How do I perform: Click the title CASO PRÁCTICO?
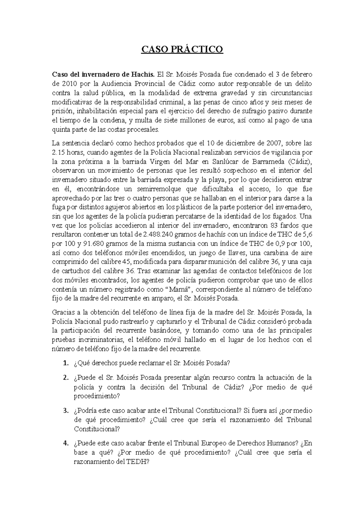(182, 49)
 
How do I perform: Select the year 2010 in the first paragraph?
(70, 83)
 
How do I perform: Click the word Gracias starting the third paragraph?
(62, 312)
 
